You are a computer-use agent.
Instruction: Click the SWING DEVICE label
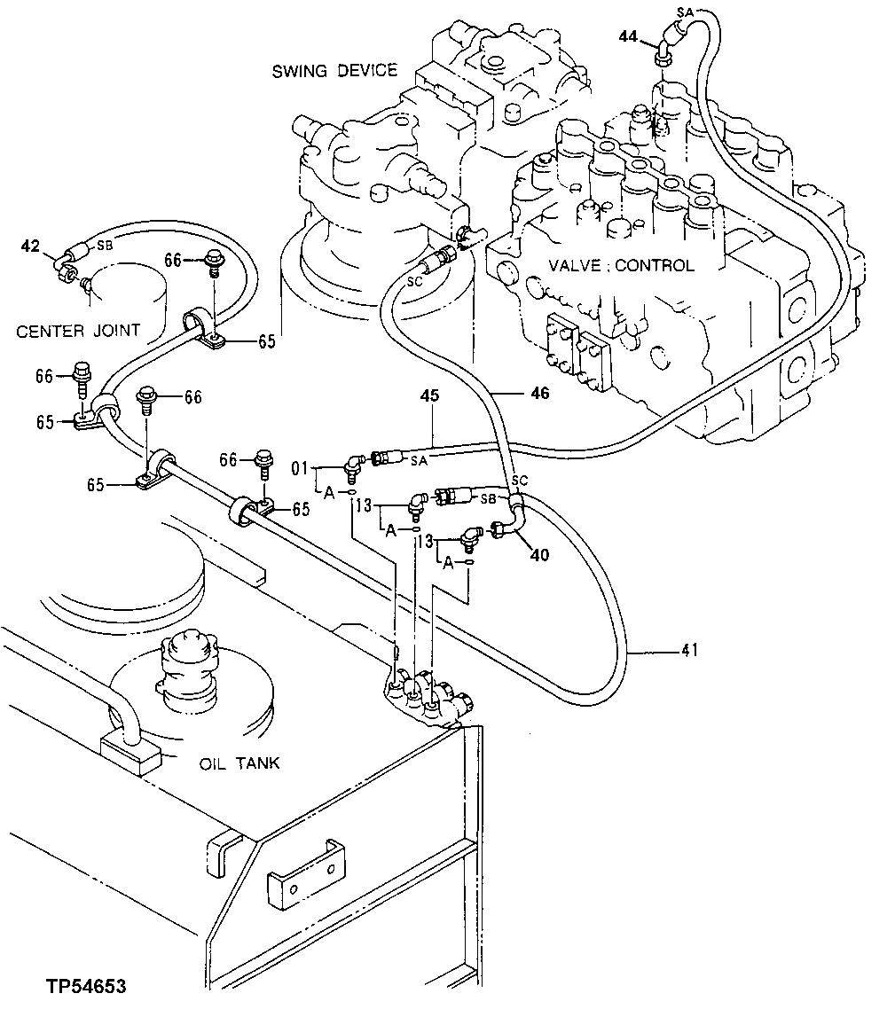(334, 70)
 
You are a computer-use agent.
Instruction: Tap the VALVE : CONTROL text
(621, 265)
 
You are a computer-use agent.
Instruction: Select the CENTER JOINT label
(78, 331)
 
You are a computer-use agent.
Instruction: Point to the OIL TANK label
(239, 763)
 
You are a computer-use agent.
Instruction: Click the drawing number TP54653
(86, 986)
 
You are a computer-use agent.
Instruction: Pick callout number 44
(628, 35)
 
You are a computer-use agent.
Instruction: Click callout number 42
(29, 246)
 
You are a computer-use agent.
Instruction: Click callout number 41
(690, 651)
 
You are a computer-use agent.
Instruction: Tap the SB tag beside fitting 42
(104, 243)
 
